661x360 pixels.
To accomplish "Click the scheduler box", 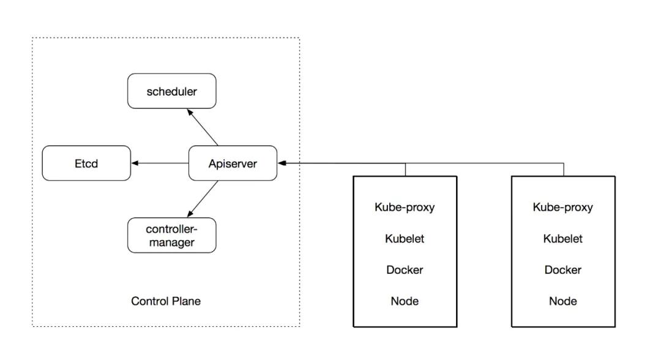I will (171, 91).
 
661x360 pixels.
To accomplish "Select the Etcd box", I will (86, 163).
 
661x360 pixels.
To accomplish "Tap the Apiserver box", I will (233, 163).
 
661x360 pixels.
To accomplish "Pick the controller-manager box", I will (171, 236).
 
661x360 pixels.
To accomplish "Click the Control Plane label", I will (166, 301).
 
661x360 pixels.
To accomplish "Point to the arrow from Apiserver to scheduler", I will (202, 127).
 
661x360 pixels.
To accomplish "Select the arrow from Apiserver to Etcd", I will (160, 163).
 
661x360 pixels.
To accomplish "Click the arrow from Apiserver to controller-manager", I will (203, 199).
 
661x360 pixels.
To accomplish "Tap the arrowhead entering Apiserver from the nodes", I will (282, 163).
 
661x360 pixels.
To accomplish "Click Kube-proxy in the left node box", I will (405, 207).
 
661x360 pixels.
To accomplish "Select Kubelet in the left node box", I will (405, 239).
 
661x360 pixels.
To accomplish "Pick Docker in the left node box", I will (405, 270).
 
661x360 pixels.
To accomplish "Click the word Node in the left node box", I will (405, 301).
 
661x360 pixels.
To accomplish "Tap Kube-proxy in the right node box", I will (562, 207).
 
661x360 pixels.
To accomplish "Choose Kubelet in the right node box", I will (562, 239).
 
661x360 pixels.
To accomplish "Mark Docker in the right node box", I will (562, 270).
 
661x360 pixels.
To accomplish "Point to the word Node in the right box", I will (562, 301).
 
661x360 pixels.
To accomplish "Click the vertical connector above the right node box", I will (563, 170).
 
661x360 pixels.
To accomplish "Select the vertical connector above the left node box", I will (405, 170).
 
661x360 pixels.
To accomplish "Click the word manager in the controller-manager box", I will (171, 242).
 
